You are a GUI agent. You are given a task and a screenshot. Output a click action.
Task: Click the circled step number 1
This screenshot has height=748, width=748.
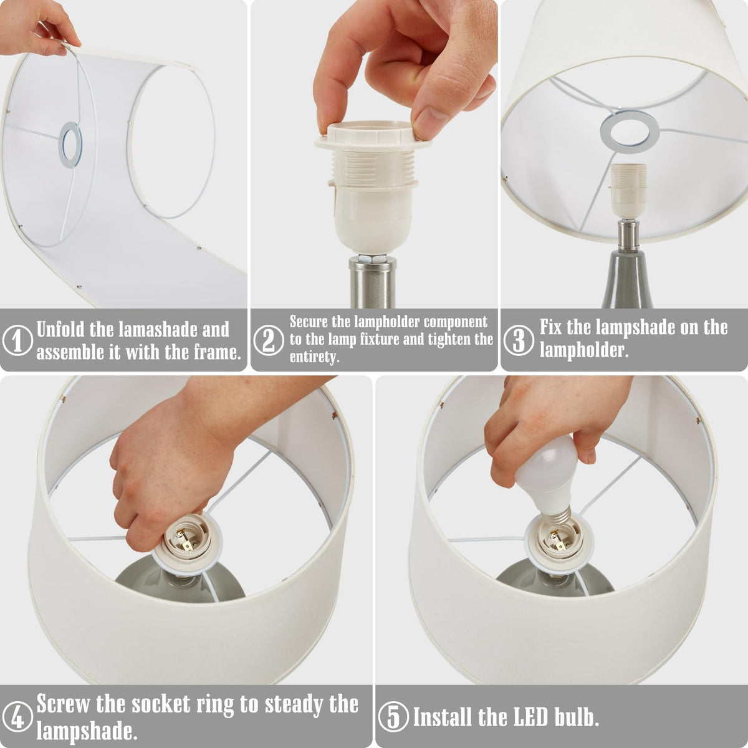17,340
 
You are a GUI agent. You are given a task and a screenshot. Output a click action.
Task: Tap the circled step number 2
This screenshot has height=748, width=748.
268,340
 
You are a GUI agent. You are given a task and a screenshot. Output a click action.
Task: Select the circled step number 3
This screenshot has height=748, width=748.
519,340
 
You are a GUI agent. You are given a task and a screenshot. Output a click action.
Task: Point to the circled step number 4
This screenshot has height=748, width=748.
17,717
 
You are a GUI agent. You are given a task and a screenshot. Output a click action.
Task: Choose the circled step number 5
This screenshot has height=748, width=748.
393,717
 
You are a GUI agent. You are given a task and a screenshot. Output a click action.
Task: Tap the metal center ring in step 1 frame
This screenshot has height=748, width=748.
70,145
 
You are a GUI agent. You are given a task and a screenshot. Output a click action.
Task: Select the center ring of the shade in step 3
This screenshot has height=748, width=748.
630,132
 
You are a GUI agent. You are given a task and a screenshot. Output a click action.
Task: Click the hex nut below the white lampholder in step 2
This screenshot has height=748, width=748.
373,257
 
